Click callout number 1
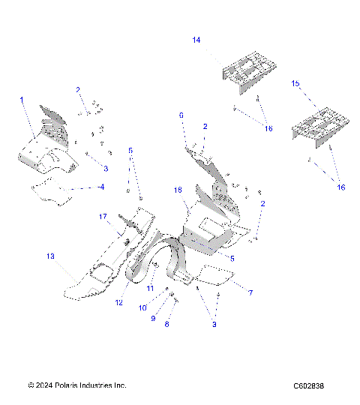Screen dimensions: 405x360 pyautogui.click(x=22, y=100)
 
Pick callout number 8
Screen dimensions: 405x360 pyautogui.click(x=166, y=325)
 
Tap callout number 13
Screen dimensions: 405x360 pyautogui.click(x=51, y=256)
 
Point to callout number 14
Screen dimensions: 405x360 pyautogui.click(x=196, y=39)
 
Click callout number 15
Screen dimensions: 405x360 pyautogui.click(x=295, y=84)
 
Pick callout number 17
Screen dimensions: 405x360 pyautogui.click(x=104, y=217)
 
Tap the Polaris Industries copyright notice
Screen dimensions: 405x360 pyautogui.click(x=76, y=385)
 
